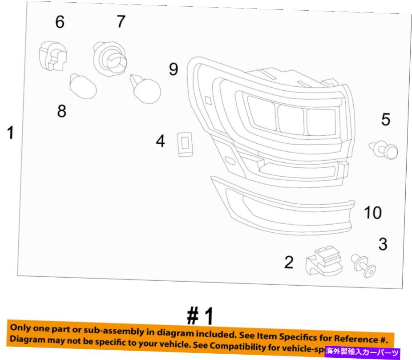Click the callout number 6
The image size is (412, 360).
coord(59,21)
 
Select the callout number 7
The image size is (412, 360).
coord(121,21)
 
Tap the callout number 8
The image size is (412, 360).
coord(61,111)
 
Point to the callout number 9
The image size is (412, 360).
coord(173,69)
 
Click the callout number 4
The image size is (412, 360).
coord(160,142)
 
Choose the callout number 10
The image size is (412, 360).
coord(373,213)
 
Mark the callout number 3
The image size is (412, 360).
coord(383,243)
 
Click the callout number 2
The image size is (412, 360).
coord(289,263)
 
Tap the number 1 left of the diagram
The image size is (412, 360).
coord(10,133)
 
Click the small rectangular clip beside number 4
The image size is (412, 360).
coord(185,144)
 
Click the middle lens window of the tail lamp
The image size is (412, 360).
coord(291,117)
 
